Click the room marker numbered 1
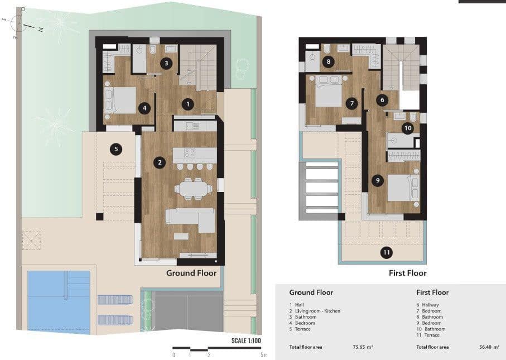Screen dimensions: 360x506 pos(189,104)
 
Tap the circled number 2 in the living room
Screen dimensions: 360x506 pos(160,163)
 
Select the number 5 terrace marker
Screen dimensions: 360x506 pos(115,149)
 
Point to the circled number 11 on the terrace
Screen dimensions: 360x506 pos(386,252)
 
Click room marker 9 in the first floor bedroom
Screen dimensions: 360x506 pos(378,180)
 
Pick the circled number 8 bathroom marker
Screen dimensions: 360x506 pos(328,62)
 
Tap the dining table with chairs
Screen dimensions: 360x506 pos(193,189)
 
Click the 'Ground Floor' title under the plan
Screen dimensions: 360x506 pos(191,273)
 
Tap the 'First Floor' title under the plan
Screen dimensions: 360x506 pos(407,273)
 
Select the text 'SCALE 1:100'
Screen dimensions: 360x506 pos(246,340)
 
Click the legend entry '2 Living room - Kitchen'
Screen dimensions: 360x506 pos(315,311)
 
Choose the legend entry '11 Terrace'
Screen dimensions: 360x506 pos(428,335)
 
